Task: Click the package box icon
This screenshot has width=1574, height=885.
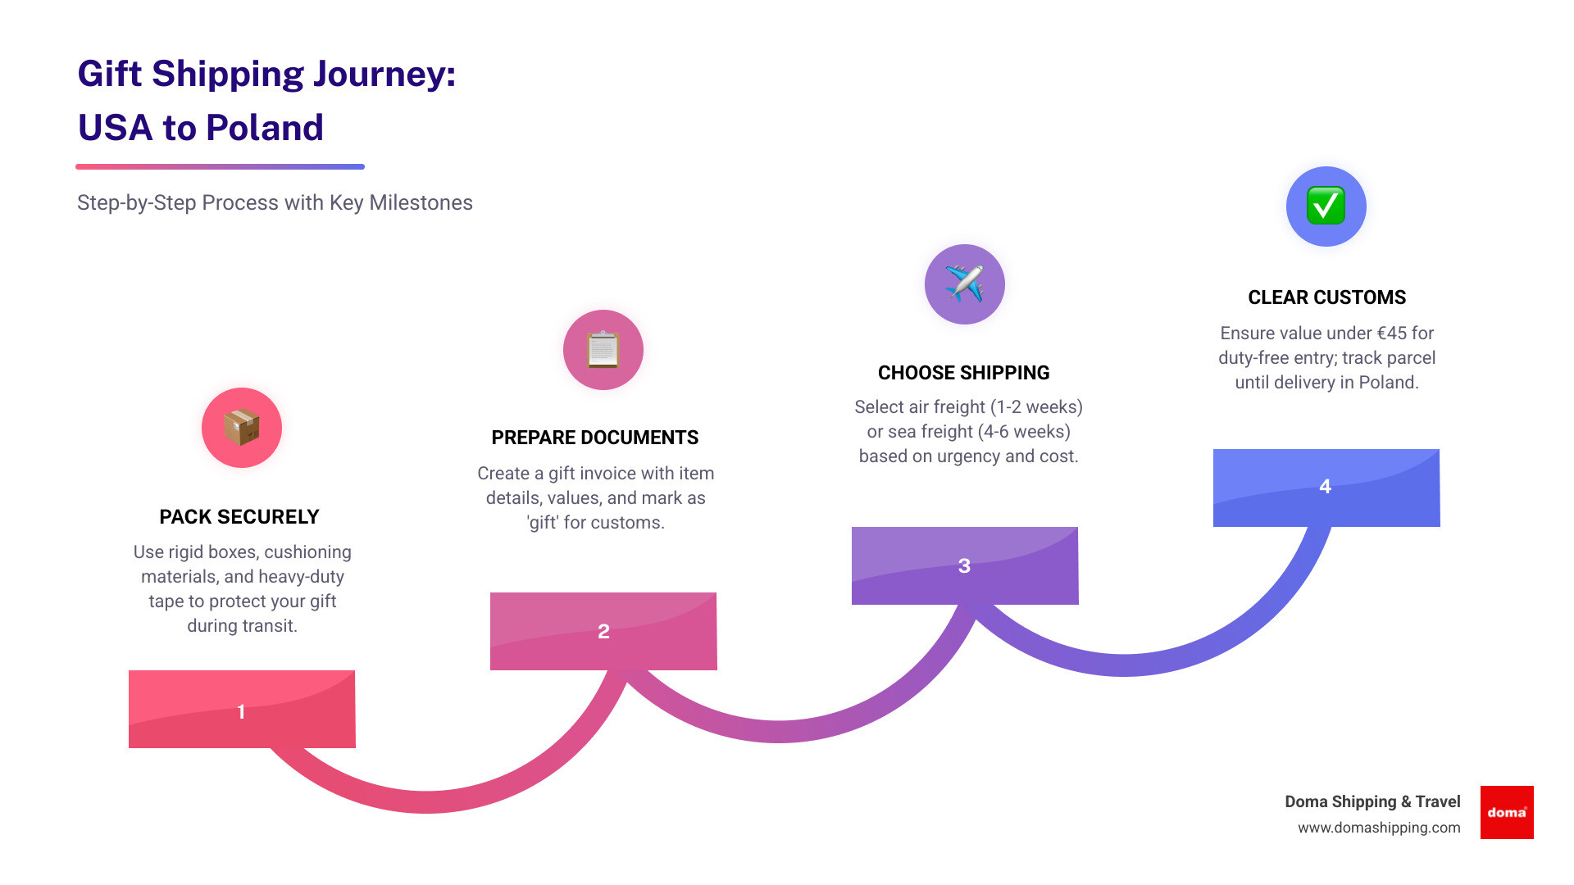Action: pyautogui.click(x=242, y=428)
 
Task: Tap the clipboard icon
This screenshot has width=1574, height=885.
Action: pyautogui.click(x=603, y=350)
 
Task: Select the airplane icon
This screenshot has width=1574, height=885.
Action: pyautogui.click(x=964, y=284)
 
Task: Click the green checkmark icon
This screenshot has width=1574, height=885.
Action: pyautogui.click(x=1326, y=206)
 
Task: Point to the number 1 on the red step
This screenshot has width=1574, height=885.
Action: pyautogui.click(x=241, y=711)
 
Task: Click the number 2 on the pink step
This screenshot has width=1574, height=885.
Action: pyautogui.click(x=603, y=632)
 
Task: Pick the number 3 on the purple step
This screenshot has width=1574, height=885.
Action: pyautogui.click(x=964, y=565)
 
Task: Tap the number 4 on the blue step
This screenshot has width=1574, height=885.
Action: pyautogui.click(x=1325, y=487)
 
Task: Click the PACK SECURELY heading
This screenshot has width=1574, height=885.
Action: pyautogui.click(x=239, y=517)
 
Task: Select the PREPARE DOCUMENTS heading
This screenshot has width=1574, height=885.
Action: pyautogui.click(x=595, y=438)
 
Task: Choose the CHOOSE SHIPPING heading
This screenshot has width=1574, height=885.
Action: pyautogui.click(x=963, y=373)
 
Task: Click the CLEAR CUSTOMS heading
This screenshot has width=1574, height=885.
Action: pyautogui.click(x=1326, y=297)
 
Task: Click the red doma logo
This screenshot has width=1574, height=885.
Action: pyautogui.click(x=1507, y=812)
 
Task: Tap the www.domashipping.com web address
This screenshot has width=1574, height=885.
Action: pyautogui.click(x=1379, y=828)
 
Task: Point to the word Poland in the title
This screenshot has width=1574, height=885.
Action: pyautogui.click(x=264, y=128)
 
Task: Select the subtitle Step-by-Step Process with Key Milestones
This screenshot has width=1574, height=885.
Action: pyautogui.click(x=275, y=202)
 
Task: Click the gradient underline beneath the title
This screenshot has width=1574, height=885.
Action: pyautogui.click(x=220, y=166)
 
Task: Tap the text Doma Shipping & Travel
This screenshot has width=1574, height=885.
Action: pyautogui.click(x=1372, y=801)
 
